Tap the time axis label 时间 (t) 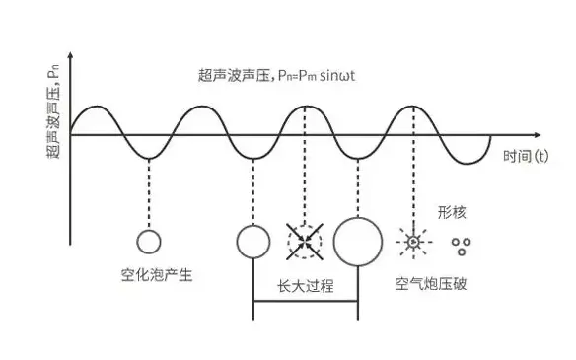click(526, 156)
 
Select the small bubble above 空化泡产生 click(149, 240)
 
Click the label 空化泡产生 click(149, 275)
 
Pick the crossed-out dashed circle click(305, 240)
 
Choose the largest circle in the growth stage click(357, 240)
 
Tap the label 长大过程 click(306, 286)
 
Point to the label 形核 click(451, 212)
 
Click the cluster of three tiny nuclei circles click(460, 243)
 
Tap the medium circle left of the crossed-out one click(253, 240)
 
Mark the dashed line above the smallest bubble click(149, 192)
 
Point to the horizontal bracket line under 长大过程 click(306, 302)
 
